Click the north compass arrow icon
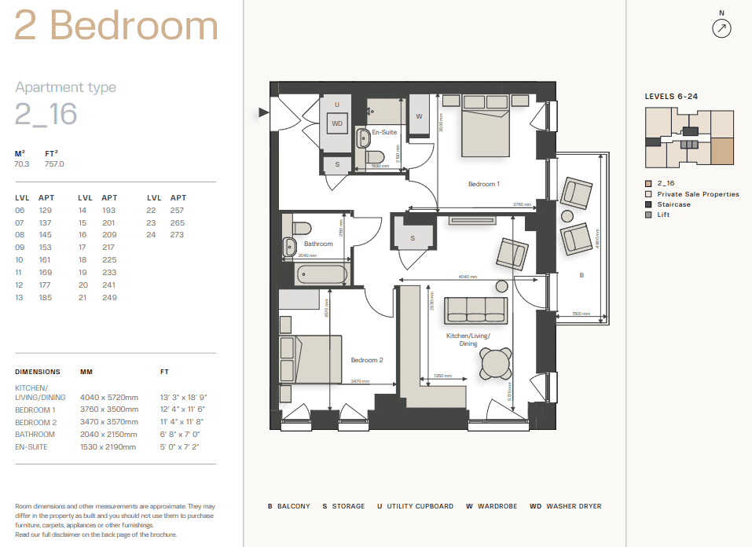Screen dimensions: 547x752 (x=721, y=29)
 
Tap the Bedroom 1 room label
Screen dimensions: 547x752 (x=483, y=184)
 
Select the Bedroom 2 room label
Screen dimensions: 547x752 (x=366, y=360)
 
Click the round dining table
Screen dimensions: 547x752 (x=496, y=364)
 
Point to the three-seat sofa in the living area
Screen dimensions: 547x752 (x=475, y=310)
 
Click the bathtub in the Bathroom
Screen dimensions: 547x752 (x=321, y=275)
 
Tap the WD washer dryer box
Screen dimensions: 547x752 (x=337, y=123)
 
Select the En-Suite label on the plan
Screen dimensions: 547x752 (x=384, y=132)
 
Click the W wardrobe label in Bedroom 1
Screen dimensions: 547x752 (x=419, y=116)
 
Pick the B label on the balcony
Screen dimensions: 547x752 (x=581, y=275)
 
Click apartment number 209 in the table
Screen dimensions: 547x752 (x=108, y=234)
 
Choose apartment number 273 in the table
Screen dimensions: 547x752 (x=177, y=234)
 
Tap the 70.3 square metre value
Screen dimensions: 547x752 (x=22, y=164)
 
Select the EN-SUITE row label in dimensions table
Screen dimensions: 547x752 (x=32, y=446)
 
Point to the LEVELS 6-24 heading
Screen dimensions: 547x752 (x=671, y=97)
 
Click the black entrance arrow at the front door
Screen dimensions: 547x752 (x=264, y=113)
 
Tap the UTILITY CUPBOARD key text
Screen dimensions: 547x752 (x=420, y=506)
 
